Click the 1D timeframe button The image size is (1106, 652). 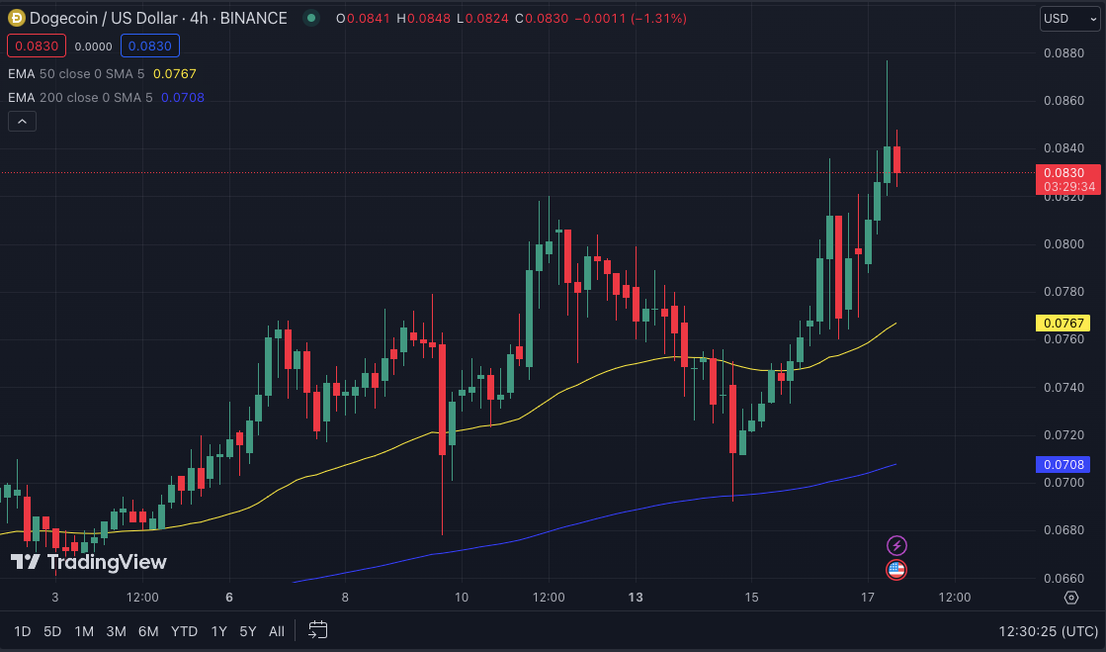pyautogui.click(x=22, y=631)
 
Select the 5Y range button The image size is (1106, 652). pyautogui.click(x=248, y=631)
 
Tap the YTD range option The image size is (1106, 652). pyautogui.click(x=184, y=631)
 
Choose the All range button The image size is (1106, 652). pyautogui.click(x=277, y=631)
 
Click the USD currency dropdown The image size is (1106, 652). pyautogui.click(x=1069, y=19)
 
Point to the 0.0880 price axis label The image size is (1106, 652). pyautogui.click(x=1063, y=53)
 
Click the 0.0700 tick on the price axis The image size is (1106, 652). pyautogui.click(x=1063, y=483)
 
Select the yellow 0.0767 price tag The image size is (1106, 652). pyautogui.click(x=1062, y=323)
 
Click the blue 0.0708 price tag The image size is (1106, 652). pyautogui.click(x=1062, y=464)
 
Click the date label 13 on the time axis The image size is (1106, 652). pyautogui.click(x=636, y=598)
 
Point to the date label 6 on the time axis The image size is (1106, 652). pyautogui.click(x=229, y=598)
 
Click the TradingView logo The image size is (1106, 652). pyautogui.click(x=89, y=562)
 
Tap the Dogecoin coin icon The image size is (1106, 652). pyautogui.click(x=16, y=18)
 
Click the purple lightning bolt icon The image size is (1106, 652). pyautogui.click(x=896, y=545)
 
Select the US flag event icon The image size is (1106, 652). pyautogui.click(x=896, y=569)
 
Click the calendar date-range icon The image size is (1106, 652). pyautogui.click(x=317, y=630)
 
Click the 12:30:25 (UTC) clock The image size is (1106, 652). pyautogui.click(x=1048, y=631)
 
